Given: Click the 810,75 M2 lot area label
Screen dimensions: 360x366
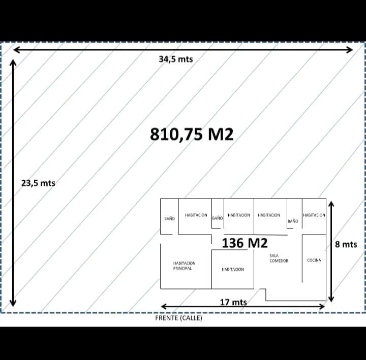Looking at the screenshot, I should point(192,134).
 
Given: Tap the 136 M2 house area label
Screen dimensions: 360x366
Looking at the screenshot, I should point(245,243).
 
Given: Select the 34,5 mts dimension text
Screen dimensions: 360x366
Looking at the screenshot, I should point(176,59).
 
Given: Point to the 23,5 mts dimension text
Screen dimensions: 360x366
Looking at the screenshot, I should point(38,183).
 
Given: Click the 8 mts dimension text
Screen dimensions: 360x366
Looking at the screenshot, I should point(346,244).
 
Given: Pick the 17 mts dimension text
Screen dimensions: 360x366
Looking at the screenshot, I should point(233,302).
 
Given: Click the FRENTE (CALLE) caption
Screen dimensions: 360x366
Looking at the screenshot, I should point(178,318).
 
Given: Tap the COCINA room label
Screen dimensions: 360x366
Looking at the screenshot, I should point(314,260).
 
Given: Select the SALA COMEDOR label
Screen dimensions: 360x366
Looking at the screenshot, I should point(279,258).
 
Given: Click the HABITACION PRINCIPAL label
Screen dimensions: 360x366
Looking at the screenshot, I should point(184,266).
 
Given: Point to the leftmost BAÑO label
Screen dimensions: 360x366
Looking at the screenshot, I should point(169,218).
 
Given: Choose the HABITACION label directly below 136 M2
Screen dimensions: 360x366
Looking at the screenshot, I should point(233,269).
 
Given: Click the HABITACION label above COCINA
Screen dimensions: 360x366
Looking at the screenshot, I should point(314,215).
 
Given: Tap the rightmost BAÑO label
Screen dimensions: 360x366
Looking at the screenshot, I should point(293,221).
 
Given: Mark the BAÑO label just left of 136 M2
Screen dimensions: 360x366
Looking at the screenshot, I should point(217,218).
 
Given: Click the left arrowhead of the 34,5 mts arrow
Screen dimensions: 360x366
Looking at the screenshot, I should point(16,49).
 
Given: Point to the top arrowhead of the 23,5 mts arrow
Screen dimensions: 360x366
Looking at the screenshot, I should point(13,62).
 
